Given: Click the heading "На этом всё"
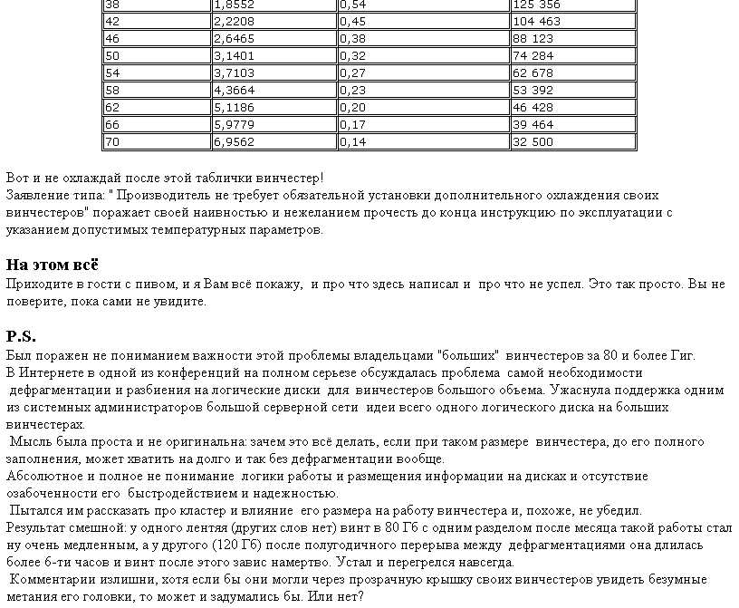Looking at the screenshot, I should [x=52, y=265].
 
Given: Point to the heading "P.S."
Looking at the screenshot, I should [x=21, y=336].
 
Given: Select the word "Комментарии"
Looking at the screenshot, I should [x=51, y=580].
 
